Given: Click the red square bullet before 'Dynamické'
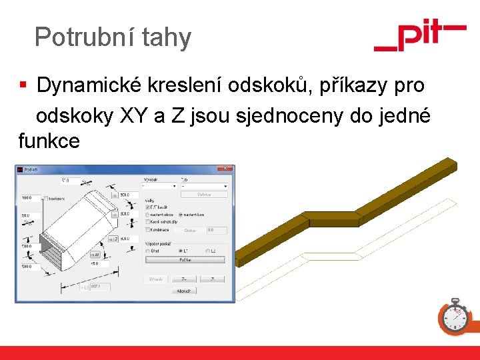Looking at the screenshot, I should [23, 86].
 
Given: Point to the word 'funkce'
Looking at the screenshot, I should [49, 141].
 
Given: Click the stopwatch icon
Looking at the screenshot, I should [455, 316].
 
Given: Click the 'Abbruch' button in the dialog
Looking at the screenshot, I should [184, 291].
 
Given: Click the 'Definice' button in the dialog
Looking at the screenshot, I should [203, 194].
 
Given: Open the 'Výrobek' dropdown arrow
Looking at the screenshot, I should [174, 186].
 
